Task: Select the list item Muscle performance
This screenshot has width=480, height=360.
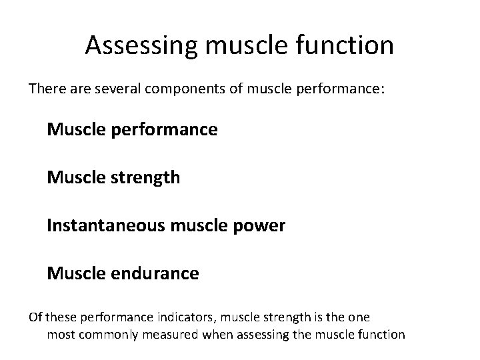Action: pyautogui.click(x=132, y=129)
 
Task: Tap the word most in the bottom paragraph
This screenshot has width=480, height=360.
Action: pyautogui.click(x=61, y=334)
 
